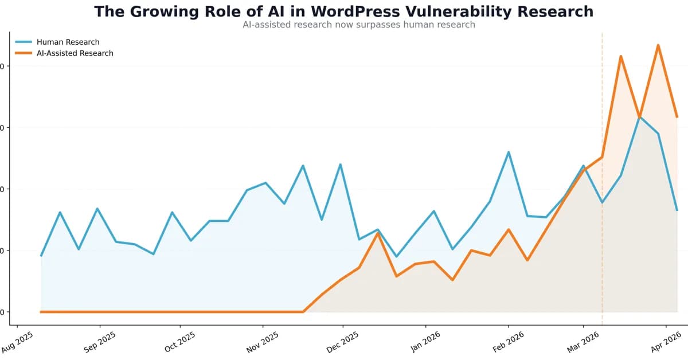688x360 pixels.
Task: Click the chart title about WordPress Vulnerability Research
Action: [343, 11]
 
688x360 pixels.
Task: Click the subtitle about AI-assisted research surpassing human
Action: [359, 25]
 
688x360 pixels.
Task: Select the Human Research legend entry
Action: [68, 42]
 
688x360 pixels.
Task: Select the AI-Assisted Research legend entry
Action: [75, 53]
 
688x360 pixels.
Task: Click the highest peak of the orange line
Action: [658, 45]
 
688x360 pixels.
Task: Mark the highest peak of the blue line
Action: [639, 117]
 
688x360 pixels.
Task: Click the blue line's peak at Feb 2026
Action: [509, 152]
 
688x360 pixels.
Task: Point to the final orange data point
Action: [677, 117]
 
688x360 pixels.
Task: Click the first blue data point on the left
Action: [41, 256]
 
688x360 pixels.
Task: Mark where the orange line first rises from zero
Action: [303, 312]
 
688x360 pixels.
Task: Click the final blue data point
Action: [677, 210]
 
